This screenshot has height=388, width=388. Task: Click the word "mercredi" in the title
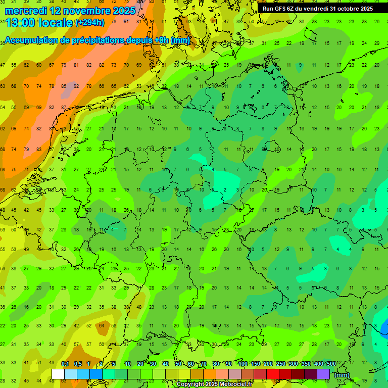click(26, 11)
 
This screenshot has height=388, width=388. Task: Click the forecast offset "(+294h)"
click(89, 23)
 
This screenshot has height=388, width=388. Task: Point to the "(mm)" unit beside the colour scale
click(342, 375)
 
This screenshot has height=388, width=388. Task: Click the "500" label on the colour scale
click(331, 364)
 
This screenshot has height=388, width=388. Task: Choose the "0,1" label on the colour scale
click(65, 364)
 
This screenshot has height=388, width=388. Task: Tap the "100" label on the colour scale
click(243, 364)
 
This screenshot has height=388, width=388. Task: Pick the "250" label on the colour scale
click(280, 364)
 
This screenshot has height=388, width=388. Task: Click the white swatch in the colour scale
click(58, 374)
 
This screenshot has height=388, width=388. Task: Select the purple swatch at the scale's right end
click(323, 374)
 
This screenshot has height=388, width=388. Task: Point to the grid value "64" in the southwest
click(102, 326)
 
